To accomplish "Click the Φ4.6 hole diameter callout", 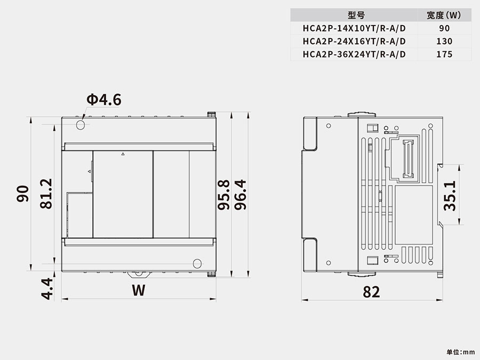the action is click(104, 100).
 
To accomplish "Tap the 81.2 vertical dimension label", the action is click(46, 194).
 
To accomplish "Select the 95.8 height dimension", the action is click(224, 195).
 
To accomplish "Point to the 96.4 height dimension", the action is click(241, 195).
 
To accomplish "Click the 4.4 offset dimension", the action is click(47, 289).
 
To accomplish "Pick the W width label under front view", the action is click(139, 290).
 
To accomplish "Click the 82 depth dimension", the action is click(371, 292).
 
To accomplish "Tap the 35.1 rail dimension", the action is click(450, 196).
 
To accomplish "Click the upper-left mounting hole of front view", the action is click(81, 125).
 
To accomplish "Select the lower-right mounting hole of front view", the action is click(197, 263).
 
